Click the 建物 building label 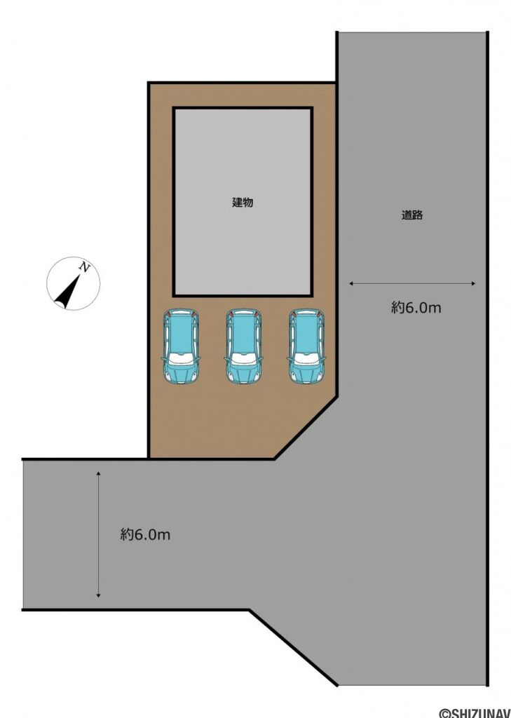coord(242,203)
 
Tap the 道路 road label coord(412,216)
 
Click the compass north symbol coord(73,284)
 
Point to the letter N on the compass coord(85,267)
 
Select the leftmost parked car coord(181,346)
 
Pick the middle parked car coord(243,346)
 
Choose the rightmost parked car coord(307,346)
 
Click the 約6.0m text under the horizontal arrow coord(416,307)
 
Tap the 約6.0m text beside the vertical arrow coord(145,534)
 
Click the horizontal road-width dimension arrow coord(412,283)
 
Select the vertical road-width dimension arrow coord(99,534)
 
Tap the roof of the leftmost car coord(181,337)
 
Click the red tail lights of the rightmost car coord(307,313)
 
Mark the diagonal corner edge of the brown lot coord(306,428)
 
